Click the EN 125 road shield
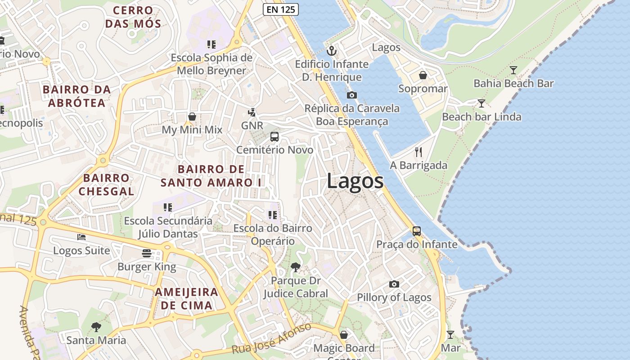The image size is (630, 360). tap(281, 9)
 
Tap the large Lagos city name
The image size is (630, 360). tap(355, 181)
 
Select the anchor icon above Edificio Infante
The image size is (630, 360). tap(332, 50)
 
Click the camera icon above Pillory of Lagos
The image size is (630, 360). tap(394, 284)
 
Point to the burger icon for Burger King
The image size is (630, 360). tap(147, 253)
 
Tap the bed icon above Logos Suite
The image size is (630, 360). tap(81, 237)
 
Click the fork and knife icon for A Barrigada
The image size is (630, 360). tap(418, 152)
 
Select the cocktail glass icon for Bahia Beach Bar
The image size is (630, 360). tap(513, 70)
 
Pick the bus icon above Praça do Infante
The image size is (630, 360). tap(417, 231)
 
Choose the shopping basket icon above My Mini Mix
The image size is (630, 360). tap(192, 117)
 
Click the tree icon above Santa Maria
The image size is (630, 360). tap(96, 327)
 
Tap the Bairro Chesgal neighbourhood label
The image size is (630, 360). tap(106, 184)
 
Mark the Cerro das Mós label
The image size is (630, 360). tap(132, 17)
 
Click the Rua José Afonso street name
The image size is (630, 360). tap(271, 339)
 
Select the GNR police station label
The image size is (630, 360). tap(252, 126)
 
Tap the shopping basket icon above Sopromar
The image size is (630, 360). tap(423, 75)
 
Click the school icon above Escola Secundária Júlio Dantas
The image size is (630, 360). tap(168, 207)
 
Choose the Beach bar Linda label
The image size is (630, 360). tap(481, 117)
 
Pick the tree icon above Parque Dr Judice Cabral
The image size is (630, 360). tap(296, 267)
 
